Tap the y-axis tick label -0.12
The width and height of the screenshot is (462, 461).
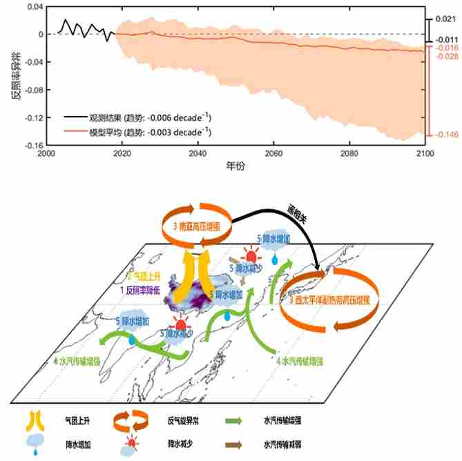(x=31, y=117)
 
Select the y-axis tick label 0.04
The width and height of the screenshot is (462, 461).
(x=33, y=6)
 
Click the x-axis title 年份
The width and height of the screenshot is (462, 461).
(x=235, y=167)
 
